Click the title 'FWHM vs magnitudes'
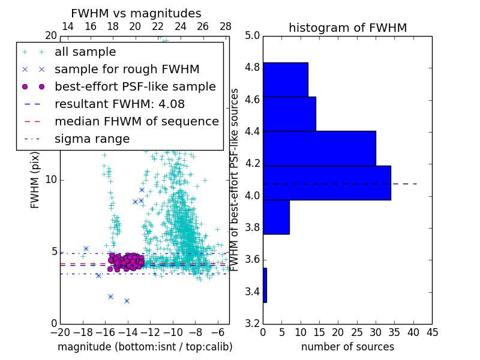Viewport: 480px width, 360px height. (x=136, y=13)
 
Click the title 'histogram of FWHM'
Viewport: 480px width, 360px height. (x=347, y=28)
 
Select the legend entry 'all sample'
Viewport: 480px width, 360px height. (x=85, y=52)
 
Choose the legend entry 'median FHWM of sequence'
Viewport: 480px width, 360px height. (x=136, y=121)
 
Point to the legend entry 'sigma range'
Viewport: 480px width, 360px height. (x=92, y=139)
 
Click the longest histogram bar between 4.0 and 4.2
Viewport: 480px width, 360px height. (x=326, y=182)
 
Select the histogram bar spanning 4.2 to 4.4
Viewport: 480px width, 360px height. (x=319, y=148)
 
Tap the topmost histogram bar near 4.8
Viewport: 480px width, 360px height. (x=285, y=79)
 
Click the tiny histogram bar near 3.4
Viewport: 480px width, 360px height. (x=265, y=285)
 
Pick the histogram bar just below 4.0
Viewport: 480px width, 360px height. (x=276, y=217)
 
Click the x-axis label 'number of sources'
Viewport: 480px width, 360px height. (x=347, y=347)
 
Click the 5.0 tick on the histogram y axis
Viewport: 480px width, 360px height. (x=252, y=36)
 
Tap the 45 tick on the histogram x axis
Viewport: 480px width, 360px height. (x=432, y=332)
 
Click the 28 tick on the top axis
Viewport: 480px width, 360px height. (x=226, y=26)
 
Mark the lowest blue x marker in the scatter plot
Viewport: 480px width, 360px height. (x=127, y=301)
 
